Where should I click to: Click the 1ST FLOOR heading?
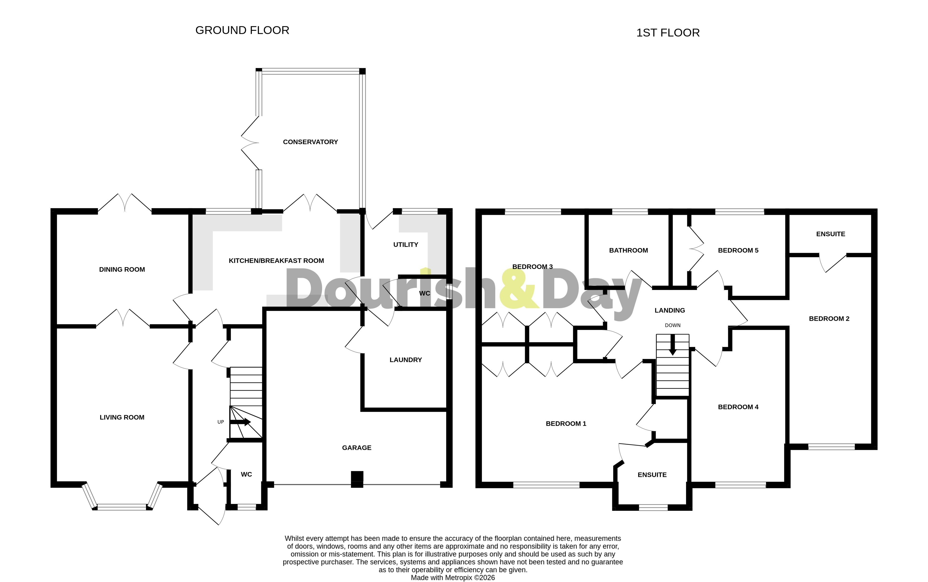point(668,33)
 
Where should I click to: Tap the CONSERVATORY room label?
point(310,142)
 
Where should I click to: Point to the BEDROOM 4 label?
point(738,407)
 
